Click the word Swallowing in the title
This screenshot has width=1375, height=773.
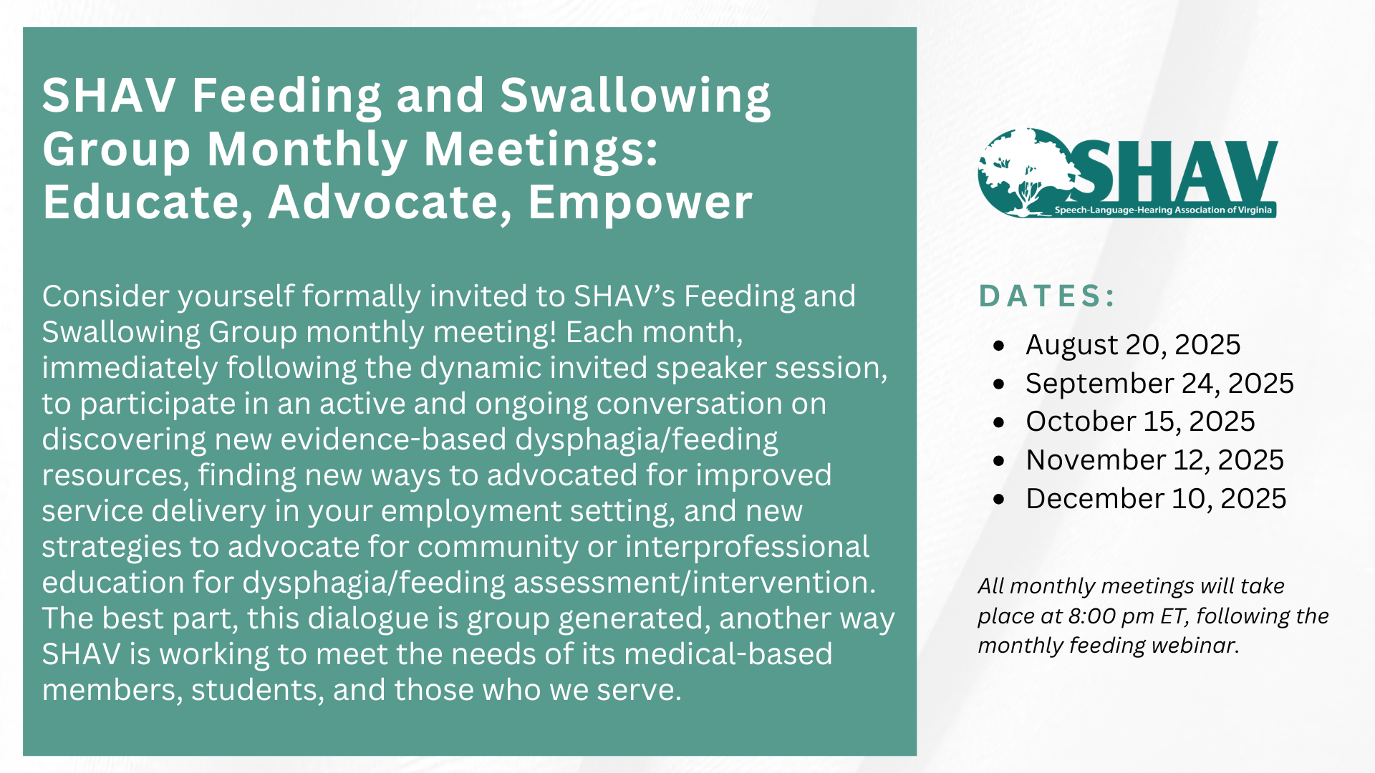click(635, 96)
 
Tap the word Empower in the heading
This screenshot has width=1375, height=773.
click(640, 203)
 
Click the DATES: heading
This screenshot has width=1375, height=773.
click(1047, 296)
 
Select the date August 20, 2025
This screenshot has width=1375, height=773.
click(1132, 345)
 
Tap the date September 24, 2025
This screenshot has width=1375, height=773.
click(1159, 384)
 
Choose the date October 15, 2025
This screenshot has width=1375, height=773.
click(1139, 422)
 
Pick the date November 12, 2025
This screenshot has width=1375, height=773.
click(1154, 460)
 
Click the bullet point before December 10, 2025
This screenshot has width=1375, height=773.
click(1000, 499)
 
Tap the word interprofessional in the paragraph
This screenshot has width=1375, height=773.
click(746, 547)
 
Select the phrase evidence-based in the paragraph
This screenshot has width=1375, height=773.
click(393, 439)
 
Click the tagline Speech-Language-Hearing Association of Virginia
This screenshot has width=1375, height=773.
click(1162, 210)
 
